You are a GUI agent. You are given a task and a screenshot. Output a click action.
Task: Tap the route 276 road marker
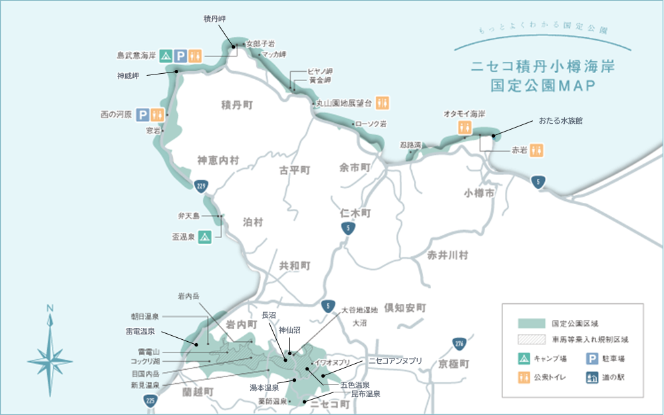pos(458,344)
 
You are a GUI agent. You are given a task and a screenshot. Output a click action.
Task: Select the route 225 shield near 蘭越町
pos(150,400)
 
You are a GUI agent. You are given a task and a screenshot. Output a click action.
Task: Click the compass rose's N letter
pos(50,308)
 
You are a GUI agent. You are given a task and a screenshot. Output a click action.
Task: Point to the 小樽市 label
pos(480,193)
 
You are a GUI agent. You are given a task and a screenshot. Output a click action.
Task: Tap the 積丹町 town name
pos(238,104)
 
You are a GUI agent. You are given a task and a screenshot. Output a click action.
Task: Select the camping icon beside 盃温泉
pos(205,235)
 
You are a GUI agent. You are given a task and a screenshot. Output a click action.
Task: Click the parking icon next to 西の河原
pos(142,114)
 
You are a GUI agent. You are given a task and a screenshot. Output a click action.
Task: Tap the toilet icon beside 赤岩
pos(538,151)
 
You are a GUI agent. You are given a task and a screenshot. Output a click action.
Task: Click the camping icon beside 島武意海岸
pos(166,57)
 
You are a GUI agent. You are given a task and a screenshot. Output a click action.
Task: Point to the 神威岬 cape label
pos(128,76)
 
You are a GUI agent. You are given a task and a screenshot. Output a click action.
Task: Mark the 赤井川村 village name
pos(448,255)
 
